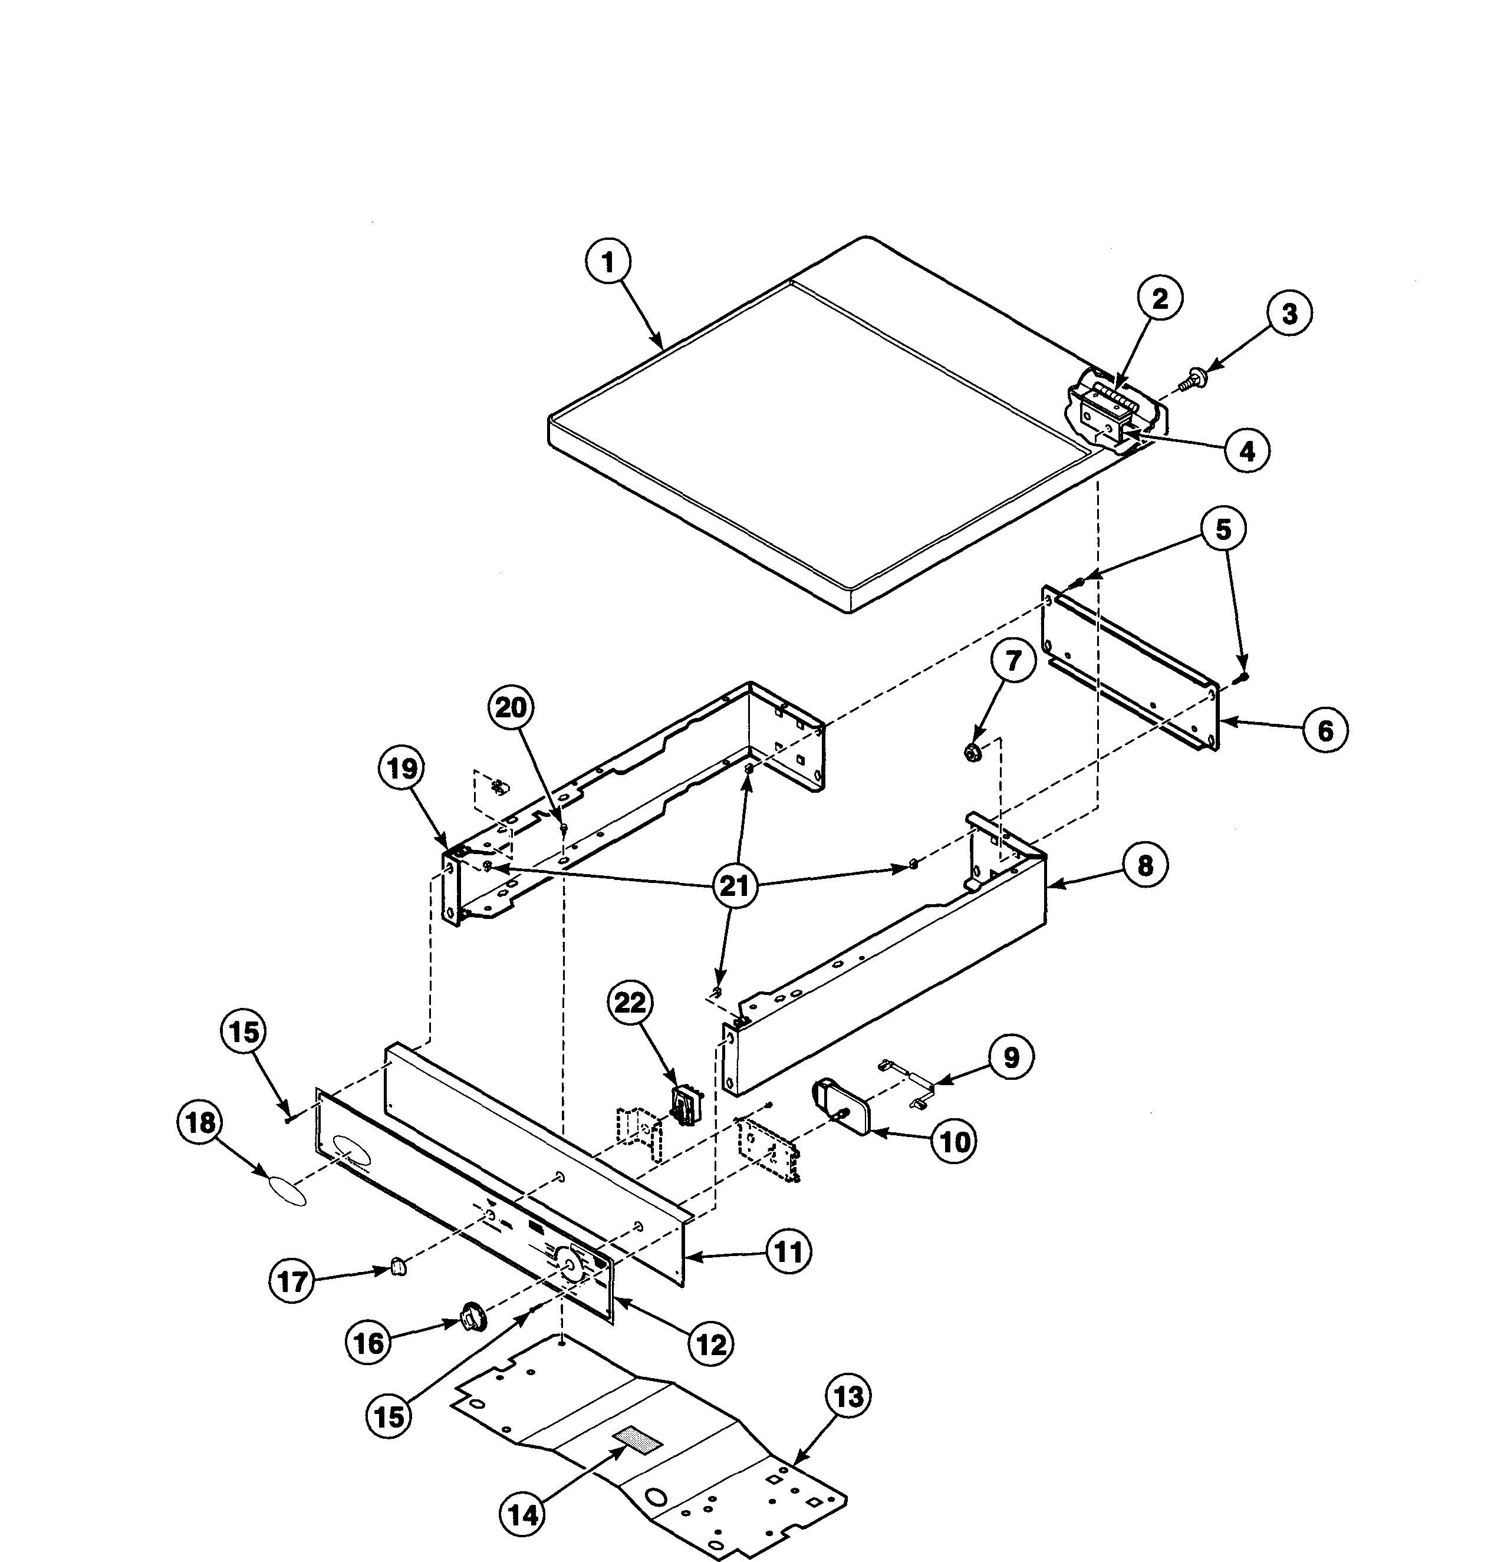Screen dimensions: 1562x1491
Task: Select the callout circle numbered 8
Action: [x=1144, y=865]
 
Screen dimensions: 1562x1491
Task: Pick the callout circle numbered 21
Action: [x=735, y=884]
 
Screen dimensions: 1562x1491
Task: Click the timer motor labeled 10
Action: [x=842, y=1105]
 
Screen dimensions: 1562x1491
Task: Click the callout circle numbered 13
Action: [x=849, y=1396]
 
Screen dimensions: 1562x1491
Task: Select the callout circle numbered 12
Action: [x=710, y=1344]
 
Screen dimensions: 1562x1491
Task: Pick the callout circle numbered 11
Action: [x=788, y=1253]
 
